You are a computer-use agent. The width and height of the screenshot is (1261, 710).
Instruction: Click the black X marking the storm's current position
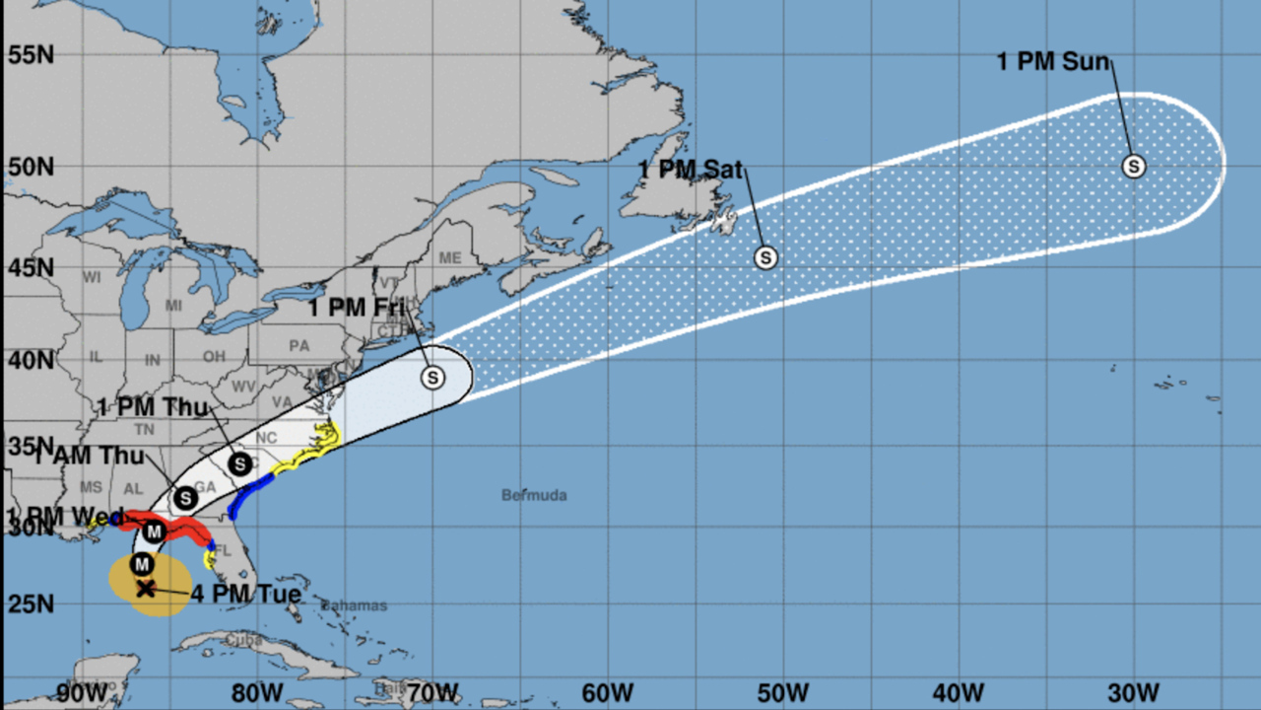coord(145,589)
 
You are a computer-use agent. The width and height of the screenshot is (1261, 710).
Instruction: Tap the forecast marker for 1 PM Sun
coord(1134,167)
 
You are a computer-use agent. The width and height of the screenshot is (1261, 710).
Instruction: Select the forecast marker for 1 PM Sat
coord(765,257)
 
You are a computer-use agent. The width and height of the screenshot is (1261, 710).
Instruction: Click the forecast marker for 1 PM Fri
coord(432,377)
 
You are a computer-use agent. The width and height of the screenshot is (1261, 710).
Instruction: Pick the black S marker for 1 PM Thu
coord(239,463)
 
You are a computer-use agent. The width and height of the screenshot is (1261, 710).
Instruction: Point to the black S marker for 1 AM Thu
coord(185,498)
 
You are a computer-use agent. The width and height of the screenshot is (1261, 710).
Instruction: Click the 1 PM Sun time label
coord(1053,62)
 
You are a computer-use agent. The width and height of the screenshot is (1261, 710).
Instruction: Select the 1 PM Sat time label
coord(690,170)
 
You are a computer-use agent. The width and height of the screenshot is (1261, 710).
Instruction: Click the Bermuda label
coord(534,495)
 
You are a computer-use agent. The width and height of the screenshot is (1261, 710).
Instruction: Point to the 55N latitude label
coord(31,54)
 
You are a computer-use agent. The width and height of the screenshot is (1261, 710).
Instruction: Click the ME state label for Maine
coord(450,257)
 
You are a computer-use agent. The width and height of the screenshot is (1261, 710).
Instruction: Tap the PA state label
coord(299,346)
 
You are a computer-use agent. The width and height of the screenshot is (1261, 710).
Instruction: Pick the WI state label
coord(92,278)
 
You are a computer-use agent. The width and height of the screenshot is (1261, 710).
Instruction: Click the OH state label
coord(214,356)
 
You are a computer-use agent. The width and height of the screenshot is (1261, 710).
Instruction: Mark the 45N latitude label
coord(31,268)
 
